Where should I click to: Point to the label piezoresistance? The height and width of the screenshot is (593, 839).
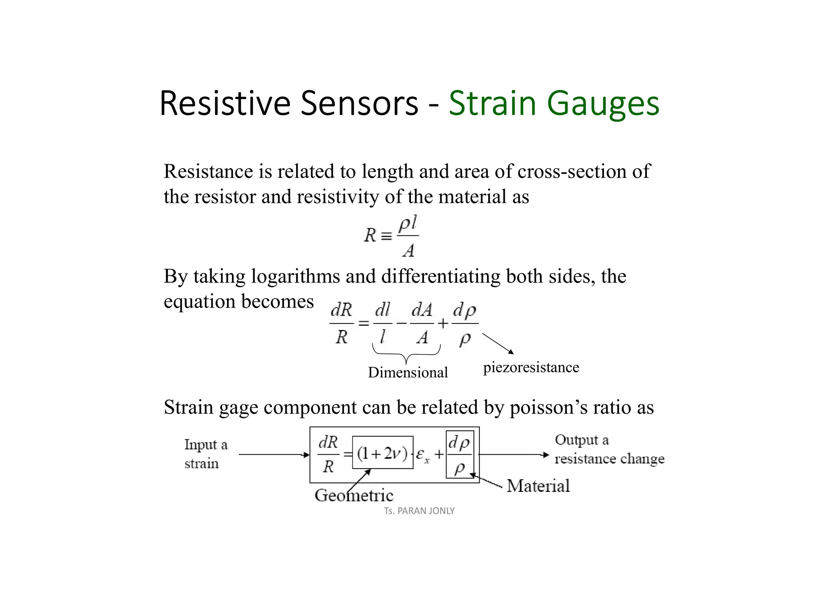tap(531, 367)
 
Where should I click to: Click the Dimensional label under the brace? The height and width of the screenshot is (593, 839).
tap(408, 372)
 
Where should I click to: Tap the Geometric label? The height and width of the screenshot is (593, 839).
tap(354, 496)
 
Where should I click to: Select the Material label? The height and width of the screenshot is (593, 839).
tap(538, 486)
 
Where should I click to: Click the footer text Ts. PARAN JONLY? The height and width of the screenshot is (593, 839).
tap(419, 511)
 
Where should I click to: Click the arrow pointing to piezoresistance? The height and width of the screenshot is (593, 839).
tap(498, 343)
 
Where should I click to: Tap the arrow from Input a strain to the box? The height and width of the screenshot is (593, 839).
tap(273, 455)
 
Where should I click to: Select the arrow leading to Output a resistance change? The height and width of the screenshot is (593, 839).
tap(514, 455)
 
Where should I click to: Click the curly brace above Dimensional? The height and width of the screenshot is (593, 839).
tap(406, 353)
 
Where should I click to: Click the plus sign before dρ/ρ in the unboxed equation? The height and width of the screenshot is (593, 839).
tap(443, 324)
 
